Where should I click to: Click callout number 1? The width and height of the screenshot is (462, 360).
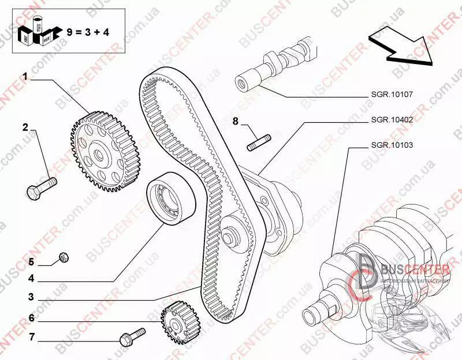(25, 76)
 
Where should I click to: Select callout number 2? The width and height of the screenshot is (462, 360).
(25, 127)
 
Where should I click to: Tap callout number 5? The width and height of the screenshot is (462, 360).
(32, 262)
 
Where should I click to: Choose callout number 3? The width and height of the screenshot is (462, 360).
(32, 298)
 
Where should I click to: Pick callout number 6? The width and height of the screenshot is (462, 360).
(32, 317)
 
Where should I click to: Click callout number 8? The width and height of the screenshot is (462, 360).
(236, 121)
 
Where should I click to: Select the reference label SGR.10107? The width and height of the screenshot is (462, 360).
(392, 94)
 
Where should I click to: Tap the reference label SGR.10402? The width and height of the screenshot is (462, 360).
(392, 120)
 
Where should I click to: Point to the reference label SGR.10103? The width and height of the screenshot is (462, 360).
(392, 145)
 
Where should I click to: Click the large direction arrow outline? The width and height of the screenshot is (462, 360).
(401, 46)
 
